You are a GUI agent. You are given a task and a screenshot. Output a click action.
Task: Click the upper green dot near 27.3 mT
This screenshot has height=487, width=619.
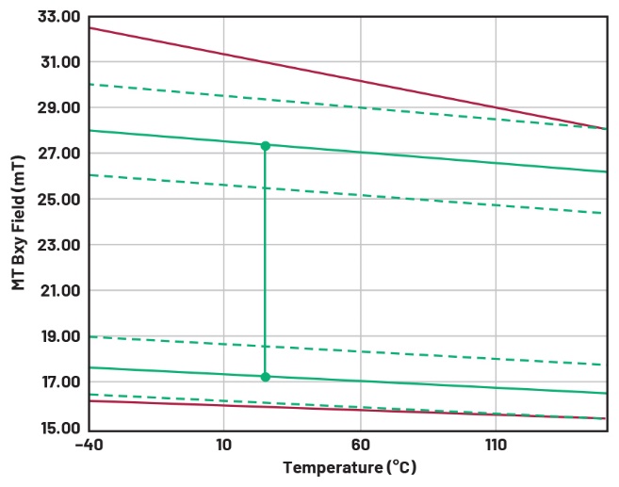tap(266, 146)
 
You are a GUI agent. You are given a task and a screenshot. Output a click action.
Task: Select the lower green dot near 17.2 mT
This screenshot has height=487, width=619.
tap(266, 377)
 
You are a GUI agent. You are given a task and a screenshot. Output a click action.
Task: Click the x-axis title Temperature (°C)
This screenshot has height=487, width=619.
tap(349, 468)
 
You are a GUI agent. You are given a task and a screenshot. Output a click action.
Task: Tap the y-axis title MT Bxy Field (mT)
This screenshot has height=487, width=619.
tap(18, 223)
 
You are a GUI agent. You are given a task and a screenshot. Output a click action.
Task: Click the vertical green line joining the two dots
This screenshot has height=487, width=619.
tap(266, 264)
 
